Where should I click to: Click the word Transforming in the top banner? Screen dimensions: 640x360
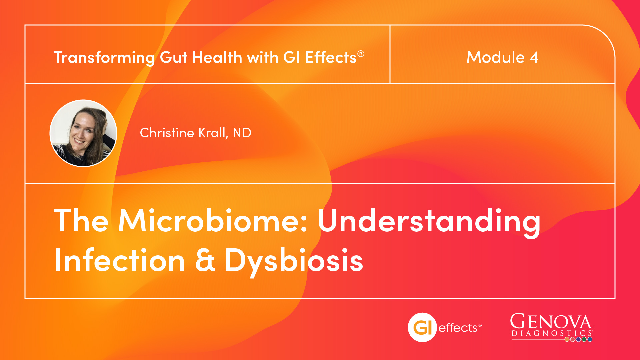click(104, 58)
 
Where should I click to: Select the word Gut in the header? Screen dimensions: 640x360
click(174, 57)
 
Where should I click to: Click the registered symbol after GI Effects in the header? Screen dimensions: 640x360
click(361, 54)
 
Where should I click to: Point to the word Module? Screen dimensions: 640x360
click(496, 57)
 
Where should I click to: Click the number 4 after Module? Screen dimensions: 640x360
click(534, 57)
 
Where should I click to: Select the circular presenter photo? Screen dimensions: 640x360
click(83, 133)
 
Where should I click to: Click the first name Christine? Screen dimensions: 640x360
click(167, 133)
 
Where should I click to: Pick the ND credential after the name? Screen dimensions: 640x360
click(242, 133)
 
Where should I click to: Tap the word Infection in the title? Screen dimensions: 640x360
click(120, 260)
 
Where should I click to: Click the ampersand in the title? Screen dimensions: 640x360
click(205, 260)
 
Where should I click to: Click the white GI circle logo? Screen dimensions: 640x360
click(422, 327)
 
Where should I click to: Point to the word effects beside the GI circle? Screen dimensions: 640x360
click(458, 328)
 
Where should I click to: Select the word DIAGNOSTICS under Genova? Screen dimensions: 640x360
click(552, 333)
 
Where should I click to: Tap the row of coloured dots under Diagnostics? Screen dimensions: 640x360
click(578, 340)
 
